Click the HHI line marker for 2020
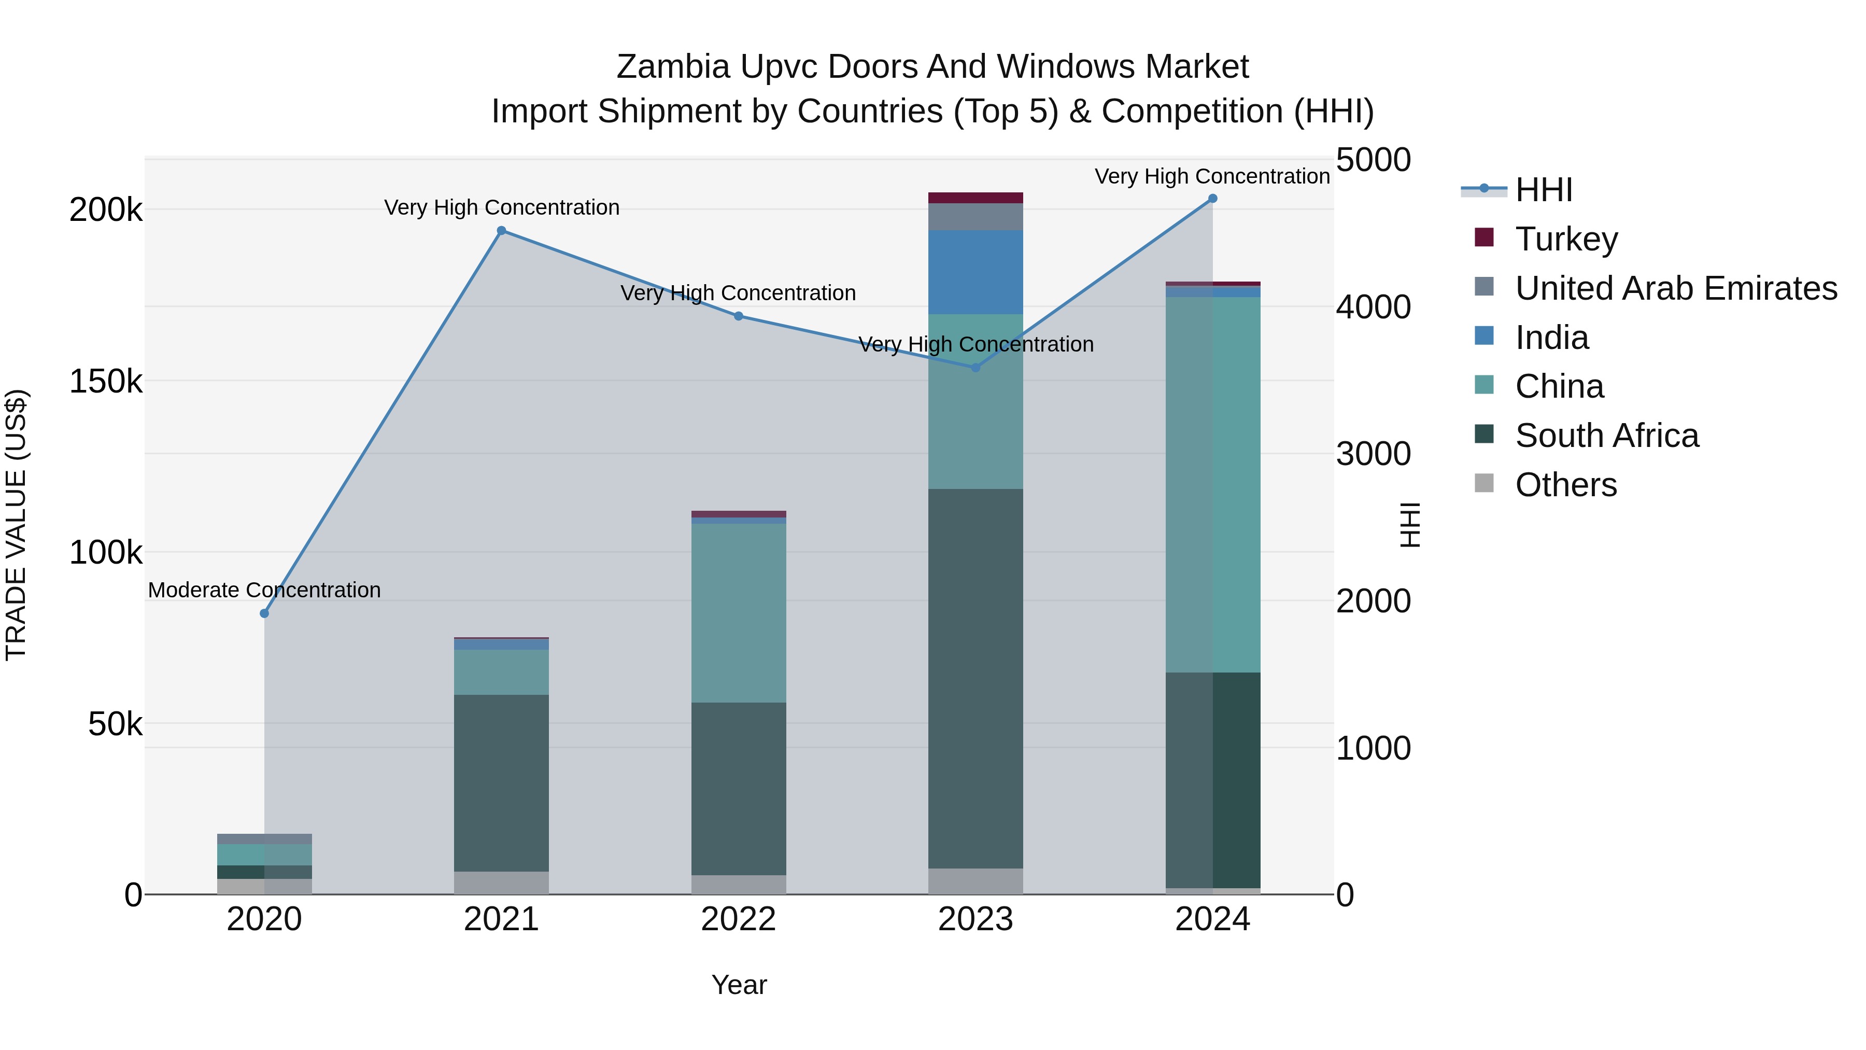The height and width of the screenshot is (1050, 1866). click(264, 614)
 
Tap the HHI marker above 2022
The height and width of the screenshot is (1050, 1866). click(738, 316)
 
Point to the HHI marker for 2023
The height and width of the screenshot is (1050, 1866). click(976, 368)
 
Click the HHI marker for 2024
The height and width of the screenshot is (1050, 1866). click(1212, 199)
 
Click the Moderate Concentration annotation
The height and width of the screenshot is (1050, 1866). click(264, 590)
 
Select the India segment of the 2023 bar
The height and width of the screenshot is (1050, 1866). click(976, 272)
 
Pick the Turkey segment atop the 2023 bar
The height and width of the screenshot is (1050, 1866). click(976, 198)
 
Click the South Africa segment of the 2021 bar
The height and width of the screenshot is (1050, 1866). click(501, 782)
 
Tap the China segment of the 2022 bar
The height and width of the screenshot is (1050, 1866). click(738, 612)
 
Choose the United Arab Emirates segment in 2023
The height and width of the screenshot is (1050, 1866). click(976, 217)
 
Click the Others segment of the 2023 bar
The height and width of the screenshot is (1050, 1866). click(976, 881)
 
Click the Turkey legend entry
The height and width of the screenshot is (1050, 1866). click(1566, 239)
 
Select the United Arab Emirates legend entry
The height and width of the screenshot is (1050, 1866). click(1675, 288)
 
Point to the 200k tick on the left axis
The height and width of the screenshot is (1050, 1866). click(106, 210)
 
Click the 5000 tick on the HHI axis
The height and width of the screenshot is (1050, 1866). click(1373, 160)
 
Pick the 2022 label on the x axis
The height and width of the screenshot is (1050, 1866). click(738, 919)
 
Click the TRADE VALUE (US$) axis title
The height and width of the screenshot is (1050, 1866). click(17, 525)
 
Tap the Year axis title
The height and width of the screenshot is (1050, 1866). click(739, 985)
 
